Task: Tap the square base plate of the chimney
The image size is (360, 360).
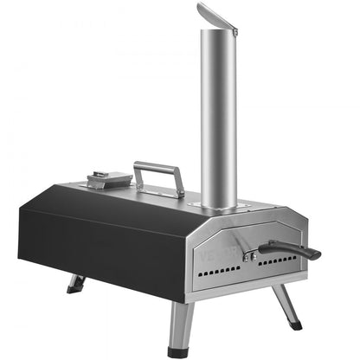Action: click(218, 207)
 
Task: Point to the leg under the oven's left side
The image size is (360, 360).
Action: click(76, 283)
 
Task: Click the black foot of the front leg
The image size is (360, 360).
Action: click(178, 350)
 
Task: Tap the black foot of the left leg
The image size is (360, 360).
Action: click(71, 292)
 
